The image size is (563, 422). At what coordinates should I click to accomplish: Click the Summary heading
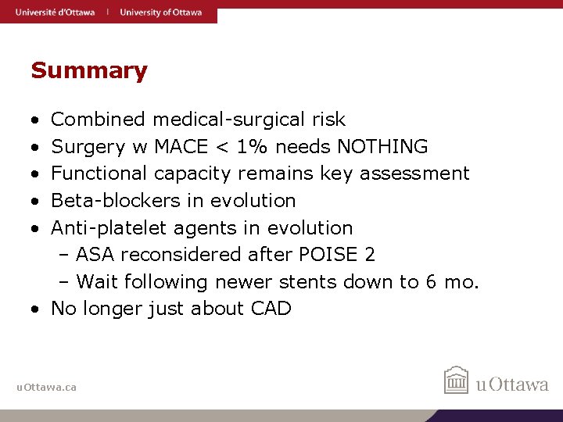click(88, 71)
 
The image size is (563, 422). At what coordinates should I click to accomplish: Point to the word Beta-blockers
click(116, 200)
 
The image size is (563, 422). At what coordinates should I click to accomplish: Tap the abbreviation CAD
click(271, 309)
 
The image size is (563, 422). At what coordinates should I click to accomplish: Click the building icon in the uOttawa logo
click(456, 381)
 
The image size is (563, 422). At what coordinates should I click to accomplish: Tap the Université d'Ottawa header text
click(55, 12)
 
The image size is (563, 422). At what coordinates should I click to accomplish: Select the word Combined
click(98, 120)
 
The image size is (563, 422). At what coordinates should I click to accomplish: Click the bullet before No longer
click(37, 309)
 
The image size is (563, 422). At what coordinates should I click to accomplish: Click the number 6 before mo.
click(432, 281)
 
